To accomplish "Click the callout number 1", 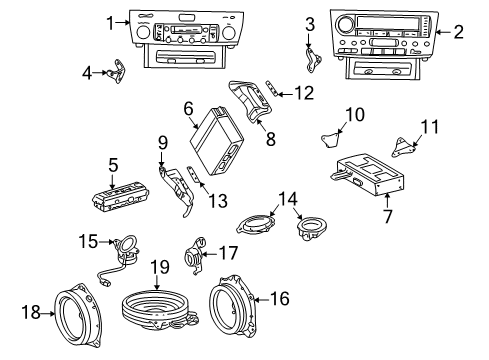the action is pyautogui.click(x=110, y=23).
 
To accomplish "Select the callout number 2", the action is pyautogui.click(x=459, y=32).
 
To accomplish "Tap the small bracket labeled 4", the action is pyautogui.click(x=117, y=71).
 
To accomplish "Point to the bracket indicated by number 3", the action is pyautogui.click(x=313, y=60).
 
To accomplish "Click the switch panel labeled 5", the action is pyautogui.click(x=121, y=197).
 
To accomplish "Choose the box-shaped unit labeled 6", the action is pyautogui.click(x=217, y=140).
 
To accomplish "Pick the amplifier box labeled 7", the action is pyautogui.click(x=368, y=174).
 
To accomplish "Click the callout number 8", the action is pyautogui.click(x=271, y=139).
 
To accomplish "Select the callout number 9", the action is pyautogui.click(x=163, y=143).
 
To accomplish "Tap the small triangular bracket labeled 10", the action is pyautogui.click(x=330, y=140).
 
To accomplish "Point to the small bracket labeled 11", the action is pyautogui.click(x=403, y=147).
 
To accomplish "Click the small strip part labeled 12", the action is pyautogui.click(x=272, y=88).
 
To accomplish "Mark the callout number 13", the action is pyautogui.click(x=218, y=201).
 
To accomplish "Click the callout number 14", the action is pyautogui.click(x=288, y=199).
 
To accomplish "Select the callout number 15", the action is pyautogui.click(x=88, y=241).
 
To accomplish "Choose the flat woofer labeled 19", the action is pyautogui.click(x=157, y=309).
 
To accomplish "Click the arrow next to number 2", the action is pyautogui.click(x=442, y=32).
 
